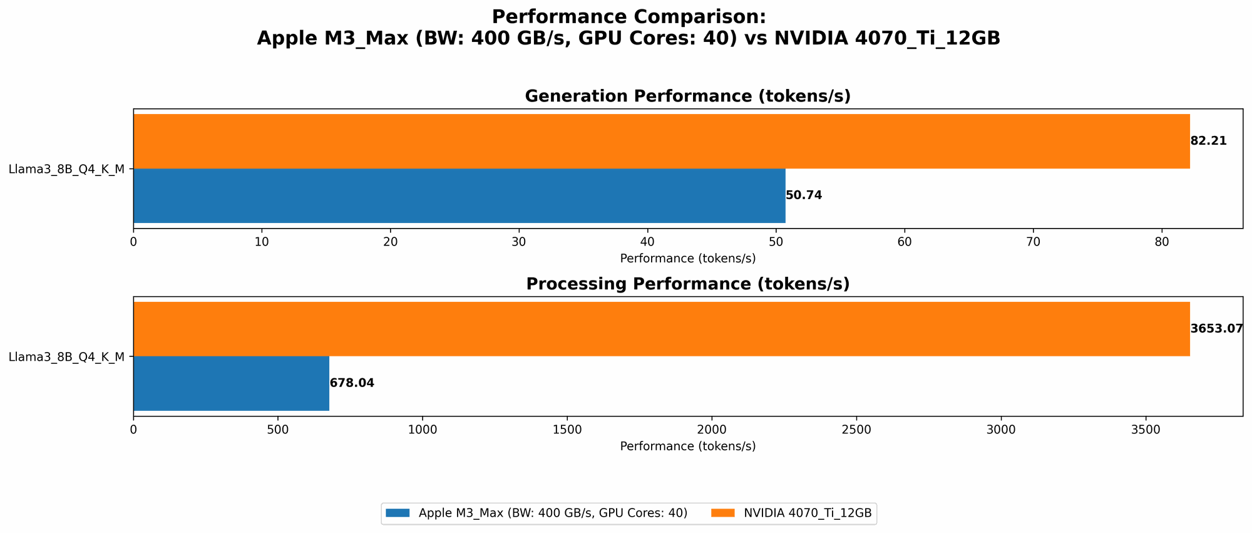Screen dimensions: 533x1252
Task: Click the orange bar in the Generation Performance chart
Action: click(x=661, y=142)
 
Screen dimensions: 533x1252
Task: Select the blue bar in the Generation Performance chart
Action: click(x=459, y=195)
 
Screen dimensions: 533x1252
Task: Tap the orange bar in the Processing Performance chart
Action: click(x=661, y=329)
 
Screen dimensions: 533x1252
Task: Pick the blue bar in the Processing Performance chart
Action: click(x=231, y=383)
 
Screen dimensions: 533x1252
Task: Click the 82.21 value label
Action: click(x=1208, y=141)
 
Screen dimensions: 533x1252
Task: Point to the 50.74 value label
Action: click(x=804, y=195)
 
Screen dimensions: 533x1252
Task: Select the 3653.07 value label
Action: click(x=1216, y=329)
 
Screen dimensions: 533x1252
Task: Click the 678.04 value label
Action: click(x=352, y=383)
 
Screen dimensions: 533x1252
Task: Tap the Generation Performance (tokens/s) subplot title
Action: click(x=687, y=96)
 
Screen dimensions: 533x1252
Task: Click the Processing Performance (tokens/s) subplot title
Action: click(x=687, y=284)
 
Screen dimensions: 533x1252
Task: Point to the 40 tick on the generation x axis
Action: click(x=647, y=242)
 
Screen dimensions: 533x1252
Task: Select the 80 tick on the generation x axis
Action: click(x=1162, y=242)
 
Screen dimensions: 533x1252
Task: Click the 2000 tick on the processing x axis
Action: click(x=712, y=430)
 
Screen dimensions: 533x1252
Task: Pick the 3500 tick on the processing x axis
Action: click(x=1146, y=430)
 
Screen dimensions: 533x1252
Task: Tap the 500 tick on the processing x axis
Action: click(x=277, y=430)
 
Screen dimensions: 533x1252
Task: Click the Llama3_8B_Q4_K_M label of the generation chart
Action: click(x=66, y=169)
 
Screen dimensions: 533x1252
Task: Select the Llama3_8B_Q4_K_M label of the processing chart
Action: click(x=66, y=357)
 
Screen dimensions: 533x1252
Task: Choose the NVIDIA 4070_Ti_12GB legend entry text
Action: click(x=807, y=513)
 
